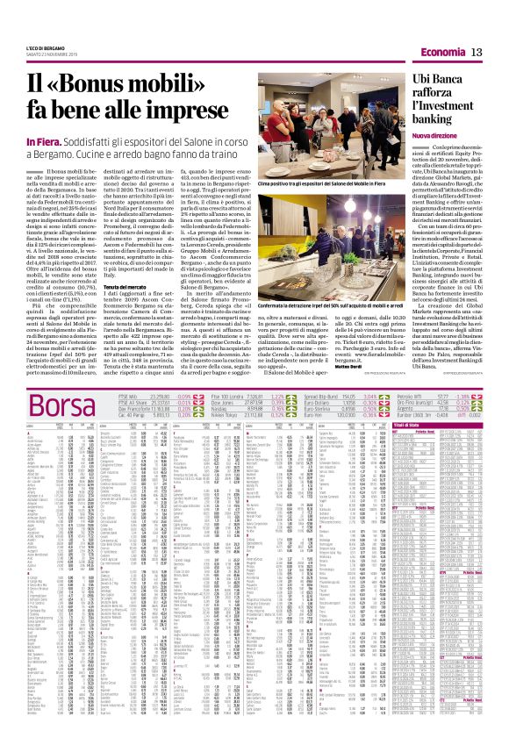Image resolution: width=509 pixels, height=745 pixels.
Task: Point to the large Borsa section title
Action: [x=62, y=383]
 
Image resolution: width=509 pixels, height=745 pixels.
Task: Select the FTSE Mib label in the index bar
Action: [x=128, y=372]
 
